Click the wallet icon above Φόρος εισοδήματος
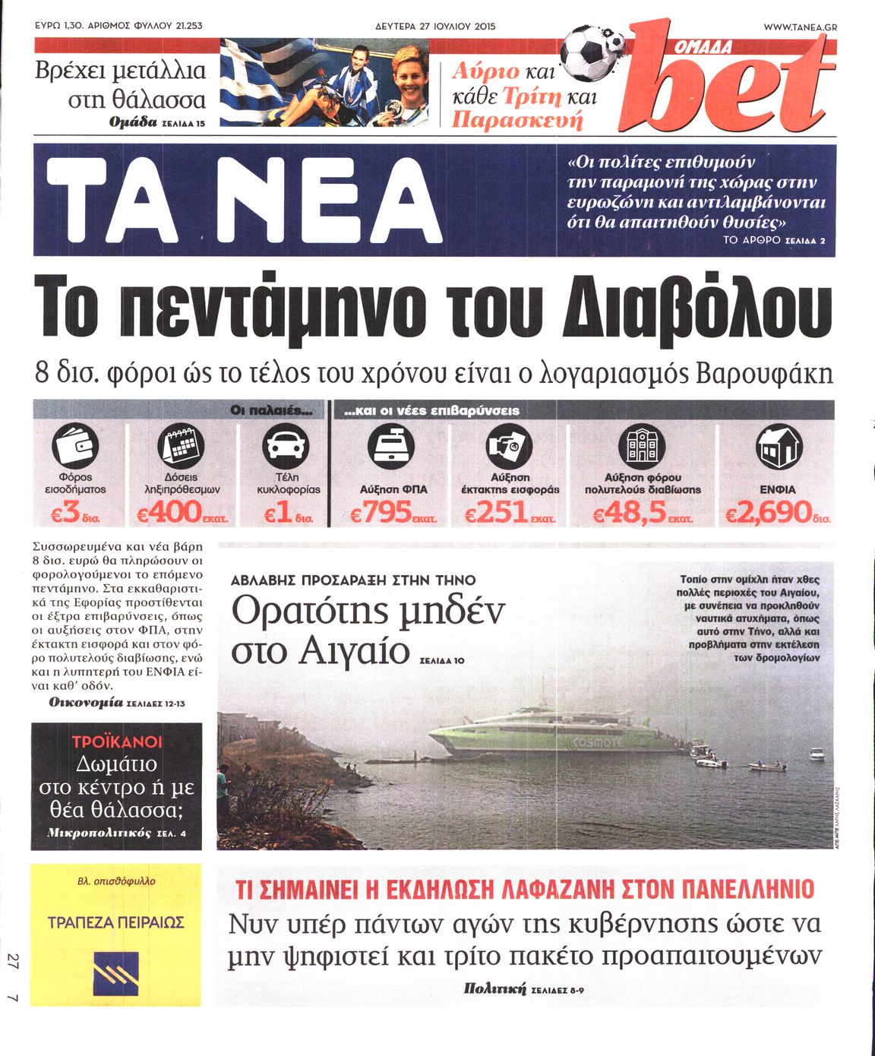[75, 446]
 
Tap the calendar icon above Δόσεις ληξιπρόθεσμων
[181, 446]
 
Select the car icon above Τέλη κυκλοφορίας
[286, 446]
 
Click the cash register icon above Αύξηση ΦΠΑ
[391, 446]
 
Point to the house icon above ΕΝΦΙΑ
[779, 446]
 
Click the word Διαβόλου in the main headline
[693, 310]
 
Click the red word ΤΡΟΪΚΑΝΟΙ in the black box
[117, 741]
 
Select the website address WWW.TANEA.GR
[799, 27]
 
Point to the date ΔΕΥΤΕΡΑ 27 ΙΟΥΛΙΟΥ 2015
[435, 27]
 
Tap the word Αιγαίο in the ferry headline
[354, 652]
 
